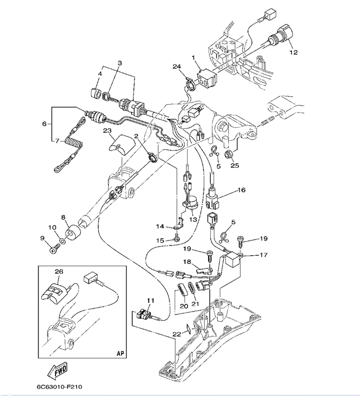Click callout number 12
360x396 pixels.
[292, 53]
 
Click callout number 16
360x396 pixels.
[241, 191]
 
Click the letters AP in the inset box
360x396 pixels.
[119, 353]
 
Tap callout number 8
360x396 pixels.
[63, 217]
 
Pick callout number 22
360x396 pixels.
[177, 334]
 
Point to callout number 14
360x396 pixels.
[160, 226]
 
